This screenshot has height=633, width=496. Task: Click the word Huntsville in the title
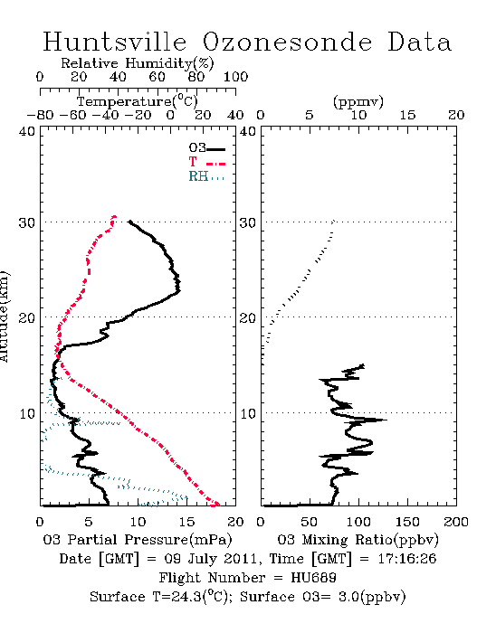tap(115, 42)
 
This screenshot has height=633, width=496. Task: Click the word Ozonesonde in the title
tap(287, 42)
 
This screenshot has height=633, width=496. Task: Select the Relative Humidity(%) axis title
tap(138, 63)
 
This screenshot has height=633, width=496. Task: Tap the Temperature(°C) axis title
tap(138, 101)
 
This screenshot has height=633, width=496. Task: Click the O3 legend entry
tap(206, 148)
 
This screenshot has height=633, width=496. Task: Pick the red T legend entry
tap(206, 162)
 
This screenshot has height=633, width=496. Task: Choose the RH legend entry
tap(206, 176)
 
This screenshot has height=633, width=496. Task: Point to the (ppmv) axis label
tap(358, 101)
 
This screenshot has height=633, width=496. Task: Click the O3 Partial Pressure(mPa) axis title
tap(138, 540)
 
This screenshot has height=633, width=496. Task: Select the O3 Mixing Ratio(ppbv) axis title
tap(358, 540)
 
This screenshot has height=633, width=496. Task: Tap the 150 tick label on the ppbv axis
tap(407, 522)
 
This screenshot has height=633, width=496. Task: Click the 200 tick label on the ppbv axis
tap(456, 522)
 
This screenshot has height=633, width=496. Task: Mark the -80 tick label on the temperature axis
tap(40, 115)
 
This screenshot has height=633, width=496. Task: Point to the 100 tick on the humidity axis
tap(235, 76)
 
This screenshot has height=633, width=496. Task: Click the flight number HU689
tap(313, 578)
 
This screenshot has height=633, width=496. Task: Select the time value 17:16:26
tap(407, 559)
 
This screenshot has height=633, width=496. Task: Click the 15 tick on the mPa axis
tap(186, 522)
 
